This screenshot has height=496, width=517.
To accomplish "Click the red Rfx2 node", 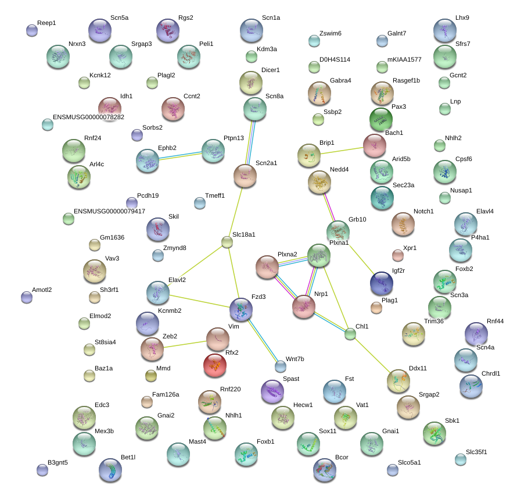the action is click(215, 365).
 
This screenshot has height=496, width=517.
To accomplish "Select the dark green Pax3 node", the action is click(381, 119).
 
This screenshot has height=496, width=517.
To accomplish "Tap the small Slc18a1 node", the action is click(227, 242).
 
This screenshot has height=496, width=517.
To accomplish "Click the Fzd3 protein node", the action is click(241, 309).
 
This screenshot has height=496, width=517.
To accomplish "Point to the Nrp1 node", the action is click(304, 306).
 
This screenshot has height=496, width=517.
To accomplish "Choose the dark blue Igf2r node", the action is click(382, 283).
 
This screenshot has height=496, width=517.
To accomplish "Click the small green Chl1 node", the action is click(350, 334).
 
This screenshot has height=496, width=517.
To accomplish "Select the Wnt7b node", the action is click(280, 366).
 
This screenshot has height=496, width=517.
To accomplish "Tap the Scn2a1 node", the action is click(245, 176).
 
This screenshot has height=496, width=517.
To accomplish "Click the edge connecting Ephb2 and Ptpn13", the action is click(180, 156).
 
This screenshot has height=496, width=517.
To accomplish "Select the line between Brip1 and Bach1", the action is click(342, 151).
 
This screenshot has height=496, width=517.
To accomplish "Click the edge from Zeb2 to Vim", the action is click(185, 344).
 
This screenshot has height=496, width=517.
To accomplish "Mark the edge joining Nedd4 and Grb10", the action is click(329, 207).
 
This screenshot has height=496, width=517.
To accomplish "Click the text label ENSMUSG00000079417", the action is click(109, 211).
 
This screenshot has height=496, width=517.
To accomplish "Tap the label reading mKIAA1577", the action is click(404, 59).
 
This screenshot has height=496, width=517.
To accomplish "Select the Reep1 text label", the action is click(46, 23).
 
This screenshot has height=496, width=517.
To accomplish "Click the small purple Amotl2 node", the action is click(27, 297).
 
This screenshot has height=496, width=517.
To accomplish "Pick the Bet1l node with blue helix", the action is click(110, 470).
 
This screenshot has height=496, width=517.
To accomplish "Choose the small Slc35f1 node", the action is click(460, 459).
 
